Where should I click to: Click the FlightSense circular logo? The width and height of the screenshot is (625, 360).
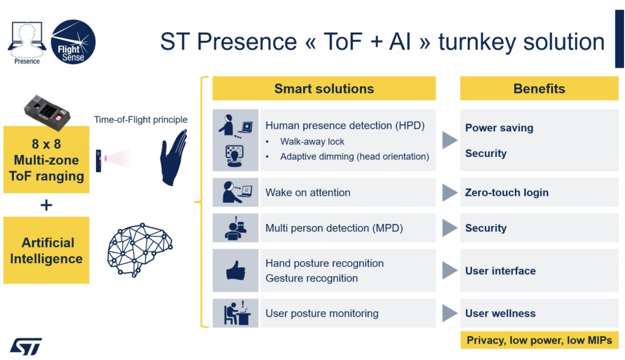[x=73, y=42]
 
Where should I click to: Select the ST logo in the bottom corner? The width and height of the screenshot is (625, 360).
[x=26, y=346]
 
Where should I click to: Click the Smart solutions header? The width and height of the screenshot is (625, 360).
[x=324, y=88]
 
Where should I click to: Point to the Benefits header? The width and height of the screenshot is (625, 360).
[x=539, y=88]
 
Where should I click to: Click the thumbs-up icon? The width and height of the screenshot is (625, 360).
[x=236, y=270]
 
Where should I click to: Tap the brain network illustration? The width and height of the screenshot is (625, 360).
[x=140, y=250]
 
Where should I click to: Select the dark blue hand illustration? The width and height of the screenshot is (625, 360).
[x=173, y=158]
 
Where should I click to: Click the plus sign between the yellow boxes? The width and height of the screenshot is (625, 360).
[x=46, y=205]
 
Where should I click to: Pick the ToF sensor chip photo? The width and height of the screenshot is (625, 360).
[x=47, y=113]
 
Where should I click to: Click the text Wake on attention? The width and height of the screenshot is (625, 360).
[x=308, y=192]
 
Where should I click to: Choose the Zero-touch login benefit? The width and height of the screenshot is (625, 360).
[x=507, y=192]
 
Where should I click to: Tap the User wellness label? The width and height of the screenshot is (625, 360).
[x=500, y=313]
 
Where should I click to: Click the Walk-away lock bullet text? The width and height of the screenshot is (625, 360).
[x=312, y=141]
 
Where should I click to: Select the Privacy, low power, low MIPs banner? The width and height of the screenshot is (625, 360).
[x=539, y=340]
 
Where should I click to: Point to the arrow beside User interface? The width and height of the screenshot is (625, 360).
[x=450, y=270]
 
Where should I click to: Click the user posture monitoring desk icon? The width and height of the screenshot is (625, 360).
[x=237, y=313]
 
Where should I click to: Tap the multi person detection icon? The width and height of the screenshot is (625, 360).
[x=236, y=227]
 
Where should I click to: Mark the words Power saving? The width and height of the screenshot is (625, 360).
[x=499, y=128]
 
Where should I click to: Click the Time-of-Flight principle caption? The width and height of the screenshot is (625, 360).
[x=141, y=119]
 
